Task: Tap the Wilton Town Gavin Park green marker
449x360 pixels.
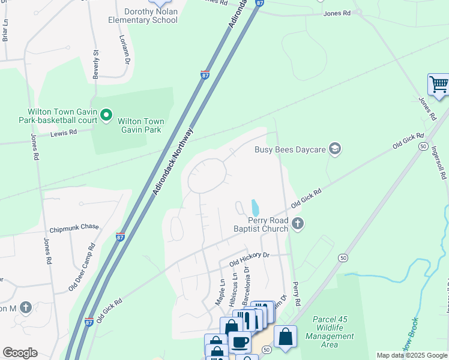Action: pos(106,114)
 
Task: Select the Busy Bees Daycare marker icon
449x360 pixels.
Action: pos(335,149)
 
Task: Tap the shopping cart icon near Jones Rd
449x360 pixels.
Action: pos(439,85)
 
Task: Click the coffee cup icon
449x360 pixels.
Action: pos(240,343)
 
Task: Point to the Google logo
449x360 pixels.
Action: pos(20,353)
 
